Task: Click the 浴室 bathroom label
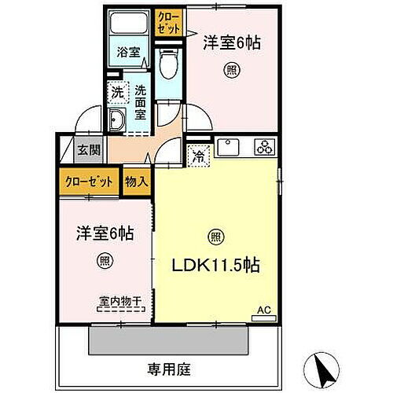pyautogui.click(x=129, y=53)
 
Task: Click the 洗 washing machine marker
pyautogui.click(x=116, y=91)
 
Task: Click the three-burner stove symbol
pyautogui.click(x=264, y=146)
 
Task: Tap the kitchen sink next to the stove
pyautogui.click(x=230, y=147)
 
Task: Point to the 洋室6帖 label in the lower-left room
pyautogui.click(x=104, y=233)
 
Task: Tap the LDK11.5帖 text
pyautogui.click(x=217, y=265)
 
